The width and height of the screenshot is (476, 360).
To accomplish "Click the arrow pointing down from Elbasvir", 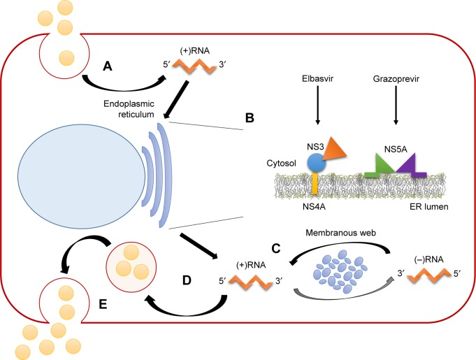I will pyautogui.click(x=317, y=109).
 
